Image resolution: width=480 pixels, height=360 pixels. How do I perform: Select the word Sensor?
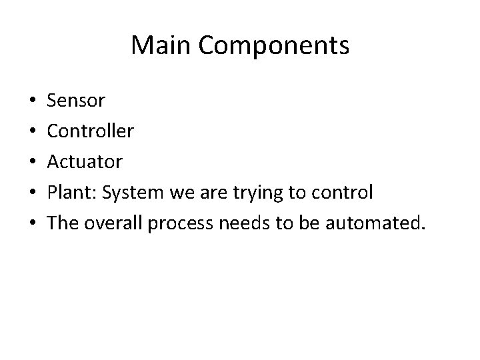tap(77, 101)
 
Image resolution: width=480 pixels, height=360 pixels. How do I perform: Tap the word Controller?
tap(91, 131)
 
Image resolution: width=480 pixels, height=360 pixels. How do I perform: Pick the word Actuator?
tap(85, 162)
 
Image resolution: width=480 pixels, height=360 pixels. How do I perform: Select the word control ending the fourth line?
tap(344, 193)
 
